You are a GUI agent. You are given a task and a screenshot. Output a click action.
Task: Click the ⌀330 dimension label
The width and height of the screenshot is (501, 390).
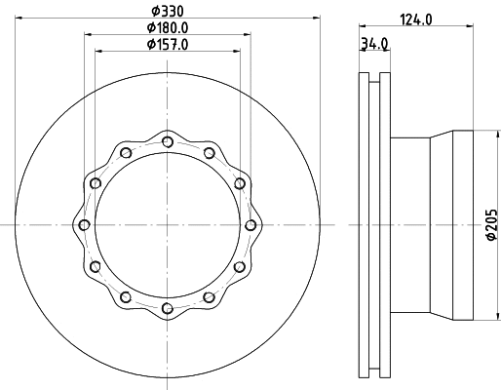[x=168, y=11]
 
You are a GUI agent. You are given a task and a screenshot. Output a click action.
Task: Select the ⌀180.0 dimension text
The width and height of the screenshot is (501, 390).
[x=168, y=27]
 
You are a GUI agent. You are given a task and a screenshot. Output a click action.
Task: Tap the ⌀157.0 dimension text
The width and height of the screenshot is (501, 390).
[x=168, y=45]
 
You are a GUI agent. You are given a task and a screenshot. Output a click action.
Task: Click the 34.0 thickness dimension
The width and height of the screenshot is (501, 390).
[x=374, y=44]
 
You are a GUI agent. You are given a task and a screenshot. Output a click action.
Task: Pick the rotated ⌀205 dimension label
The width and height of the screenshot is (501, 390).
[x=492, y=224]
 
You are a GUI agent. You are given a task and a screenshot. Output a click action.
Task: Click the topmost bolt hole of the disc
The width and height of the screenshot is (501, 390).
[x=168, y=141]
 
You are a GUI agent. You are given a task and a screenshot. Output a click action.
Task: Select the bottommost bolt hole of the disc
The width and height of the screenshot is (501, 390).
[x=168, y=308]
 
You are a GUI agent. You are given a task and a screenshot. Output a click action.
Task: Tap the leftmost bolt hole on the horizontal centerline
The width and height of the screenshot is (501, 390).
[x=85, y=225]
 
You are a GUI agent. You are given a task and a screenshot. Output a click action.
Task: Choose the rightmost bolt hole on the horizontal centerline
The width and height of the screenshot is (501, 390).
[x=250, y=225]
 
